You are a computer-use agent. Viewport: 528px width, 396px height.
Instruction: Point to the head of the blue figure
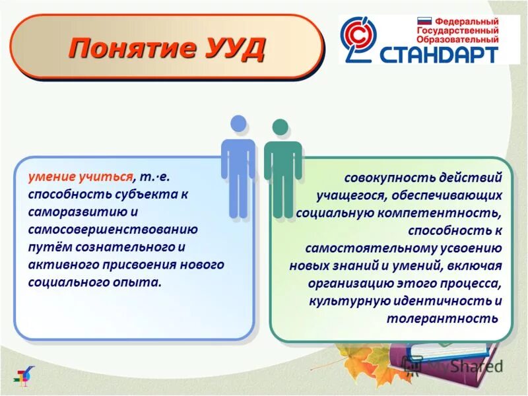coord(238,123)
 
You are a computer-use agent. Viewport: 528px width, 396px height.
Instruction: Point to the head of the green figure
coord(281,127)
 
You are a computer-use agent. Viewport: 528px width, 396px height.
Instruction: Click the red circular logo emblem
coord(359,40)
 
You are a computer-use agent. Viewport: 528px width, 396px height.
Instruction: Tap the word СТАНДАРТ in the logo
coord(438,53)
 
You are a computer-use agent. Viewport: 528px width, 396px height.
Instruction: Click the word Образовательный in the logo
coord(457,39)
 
